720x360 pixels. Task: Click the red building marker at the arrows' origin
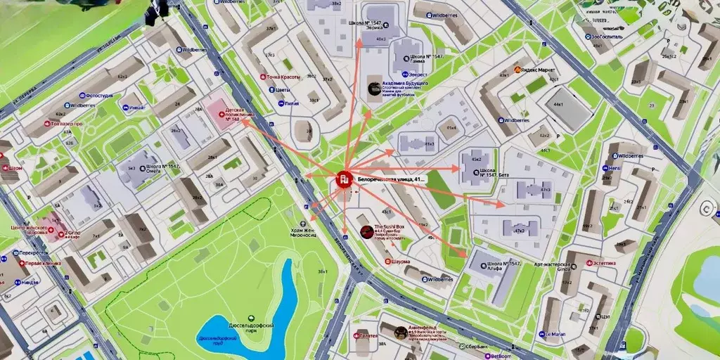point(344,179)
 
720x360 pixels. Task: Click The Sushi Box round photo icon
point(366,231)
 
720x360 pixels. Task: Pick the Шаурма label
point(399,261)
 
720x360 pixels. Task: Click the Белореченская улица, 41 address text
point(392,180)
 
